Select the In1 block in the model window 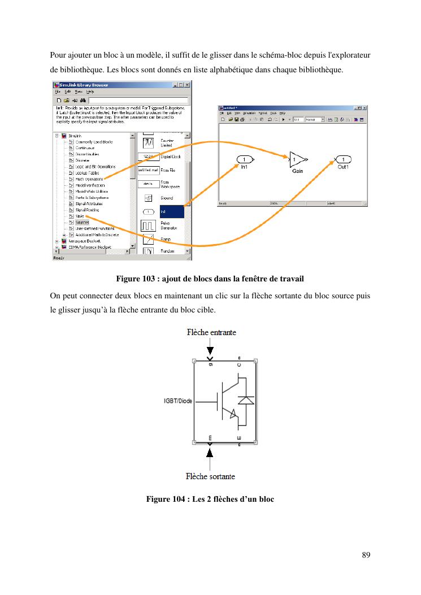(x=244, y=159)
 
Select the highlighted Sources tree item (x=82, y=223)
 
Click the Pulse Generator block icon (x=148, y=225)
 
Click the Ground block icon (x=147, y=198)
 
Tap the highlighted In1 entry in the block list (x=171, y=212)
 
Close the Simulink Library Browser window (x=188, y=85)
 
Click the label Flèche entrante (x=211, y=332)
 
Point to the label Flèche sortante (x=210, y=476)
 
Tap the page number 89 (x=365, y=555)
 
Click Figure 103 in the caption (x=136, y=279)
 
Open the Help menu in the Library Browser (x=90, y=91)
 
